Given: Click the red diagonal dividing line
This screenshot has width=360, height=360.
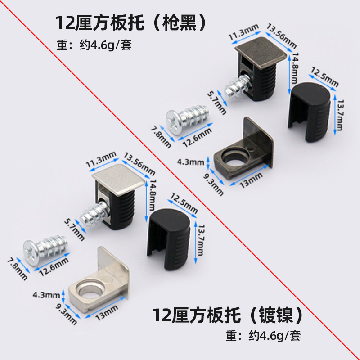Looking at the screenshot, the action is click(180, 180).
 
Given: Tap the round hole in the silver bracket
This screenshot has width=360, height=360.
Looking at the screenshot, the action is click(89, 287).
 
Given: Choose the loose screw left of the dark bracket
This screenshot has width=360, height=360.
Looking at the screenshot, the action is click(184, 120).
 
